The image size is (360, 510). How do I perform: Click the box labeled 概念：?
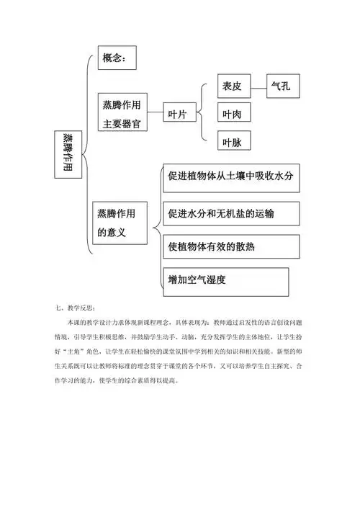116,59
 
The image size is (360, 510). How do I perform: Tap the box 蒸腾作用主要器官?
123,114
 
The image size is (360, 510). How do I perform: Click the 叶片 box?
178,115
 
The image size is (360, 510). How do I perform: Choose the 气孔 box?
282,86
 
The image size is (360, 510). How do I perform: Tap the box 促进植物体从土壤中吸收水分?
231,177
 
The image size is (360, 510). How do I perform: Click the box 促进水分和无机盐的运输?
231,214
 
